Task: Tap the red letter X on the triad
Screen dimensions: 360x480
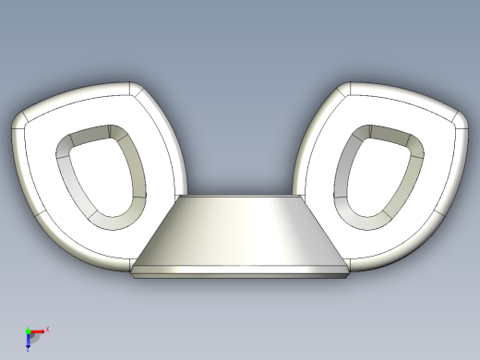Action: (x=47, y=329)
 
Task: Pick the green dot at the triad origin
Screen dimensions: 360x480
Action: (x=28, y=331)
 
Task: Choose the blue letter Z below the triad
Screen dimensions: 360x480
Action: (x=29, y=349)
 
